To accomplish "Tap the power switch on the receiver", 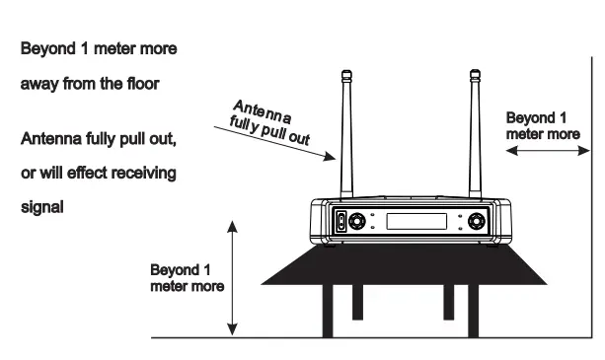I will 341,222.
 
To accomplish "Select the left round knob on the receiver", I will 362,222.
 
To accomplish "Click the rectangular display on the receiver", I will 418,221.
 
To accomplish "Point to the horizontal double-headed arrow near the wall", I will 545,151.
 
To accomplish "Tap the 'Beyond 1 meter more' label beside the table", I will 187,277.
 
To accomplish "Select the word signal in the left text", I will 42,206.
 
